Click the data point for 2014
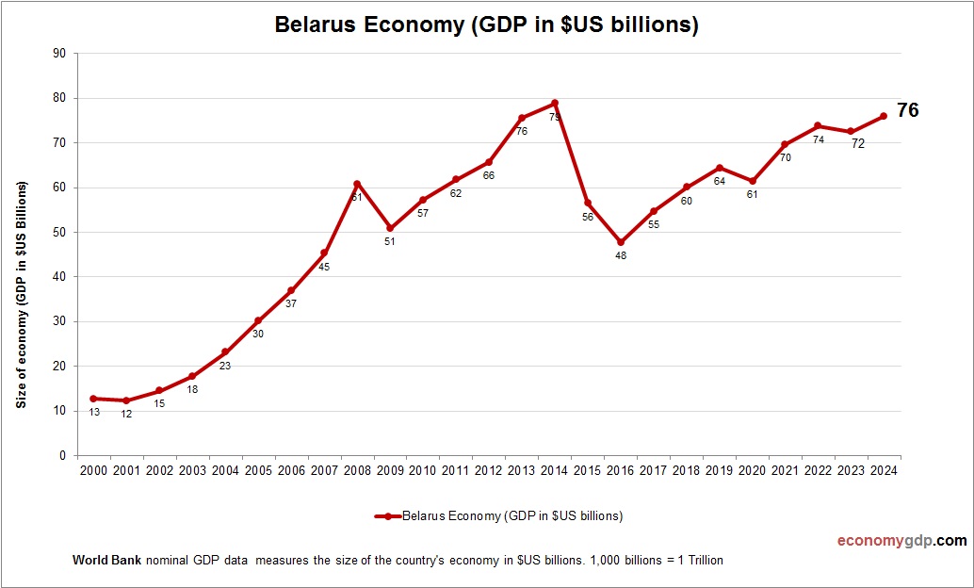(x=555, y=103)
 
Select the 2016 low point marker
(x=621, y=242)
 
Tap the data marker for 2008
(x=357, y=184)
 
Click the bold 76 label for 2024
(x=907, y=110)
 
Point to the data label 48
(x=621, y=255)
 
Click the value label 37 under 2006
(x=291, y=303)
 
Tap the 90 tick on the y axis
(x=59, y=54)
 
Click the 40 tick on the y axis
(x=59, y=277)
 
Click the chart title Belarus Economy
(x=486, y=25)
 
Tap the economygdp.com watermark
(x=901, y=541)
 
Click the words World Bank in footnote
(x=106, y=561)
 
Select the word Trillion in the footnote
(x=701, y=561)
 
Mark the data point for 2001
(x=126, y=400)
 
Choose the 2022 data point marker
(x=818, y=125)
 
